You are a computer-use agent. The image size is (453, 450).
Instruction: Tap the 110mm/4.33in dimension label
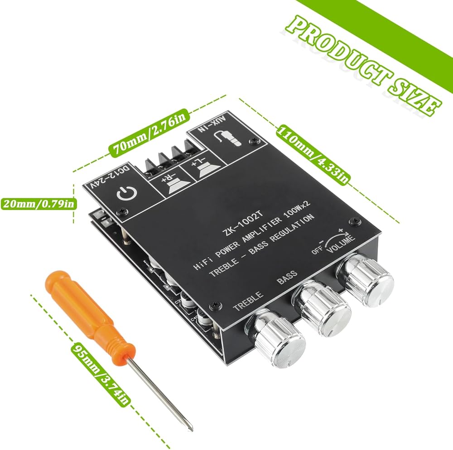click(x=313, y=154)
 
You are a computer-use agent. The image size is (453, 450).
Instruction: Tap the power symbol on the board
click(x=124, y=194)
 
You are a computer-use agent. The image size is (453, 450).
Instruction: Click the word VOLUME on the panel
click(x=342, y=242)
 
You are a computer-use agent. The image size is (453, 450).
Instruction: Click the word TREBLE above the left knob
click(x=248, y=302)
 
